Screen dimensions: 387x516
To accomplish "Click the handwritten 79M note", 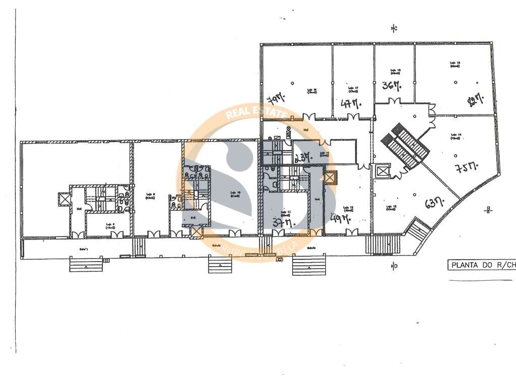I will click(275, 97).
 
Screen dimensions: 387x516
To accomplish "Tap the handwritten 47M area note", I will click(351, 104).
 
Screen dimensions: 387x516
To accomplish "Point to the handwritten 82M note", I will click(475, 101).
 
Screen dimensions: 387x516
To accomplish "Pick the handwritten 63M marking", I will click(434, 203).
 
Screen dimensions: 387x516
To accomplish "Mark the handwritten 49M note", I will click(340, 218).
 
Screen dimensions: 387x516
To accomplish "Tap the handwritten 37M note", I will click(282, 222).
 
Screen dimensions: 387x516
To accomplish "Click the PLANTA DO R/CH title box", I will click(482, 265).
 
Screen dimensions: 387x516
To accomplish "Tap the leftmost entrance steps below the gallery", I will click(86, 265).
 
